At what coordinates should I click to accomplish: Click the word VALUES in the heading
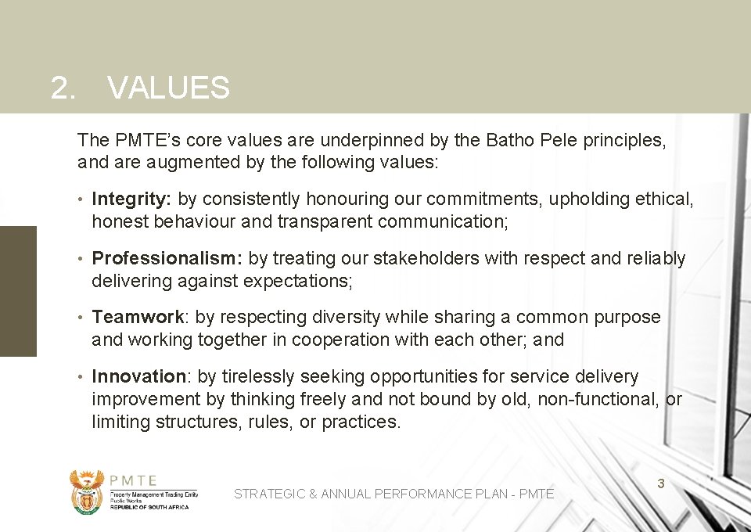pyautogui.click(x=168, y=88)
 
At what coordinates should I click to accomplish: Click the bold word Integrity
pyautogui.click(x=131, y=199)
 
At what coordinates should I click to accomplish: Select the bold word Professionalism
pyautogui.click(x=166, y=258)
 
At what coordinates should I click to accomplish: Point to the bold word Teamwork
pyautogui.click(x=138, y=317)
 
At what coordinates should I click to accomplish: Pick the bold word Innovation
pyautogui.click(x=138, y=376)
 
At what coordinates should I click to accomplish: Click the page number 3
pyautogui.click(x=660, y=483)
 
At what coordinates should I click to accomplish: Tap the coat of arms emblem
pyautogui.click(x=86, y=491)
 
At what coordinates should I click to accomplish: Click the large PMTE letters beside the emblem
pyautogui.click(x=133, y=480)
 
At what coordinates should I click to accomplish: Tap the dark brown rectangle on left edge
pyautogui.click(x=18, y=291)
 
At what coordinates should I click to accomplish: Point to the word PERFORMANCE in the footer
pyautogui.click(x=422, y=494)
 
